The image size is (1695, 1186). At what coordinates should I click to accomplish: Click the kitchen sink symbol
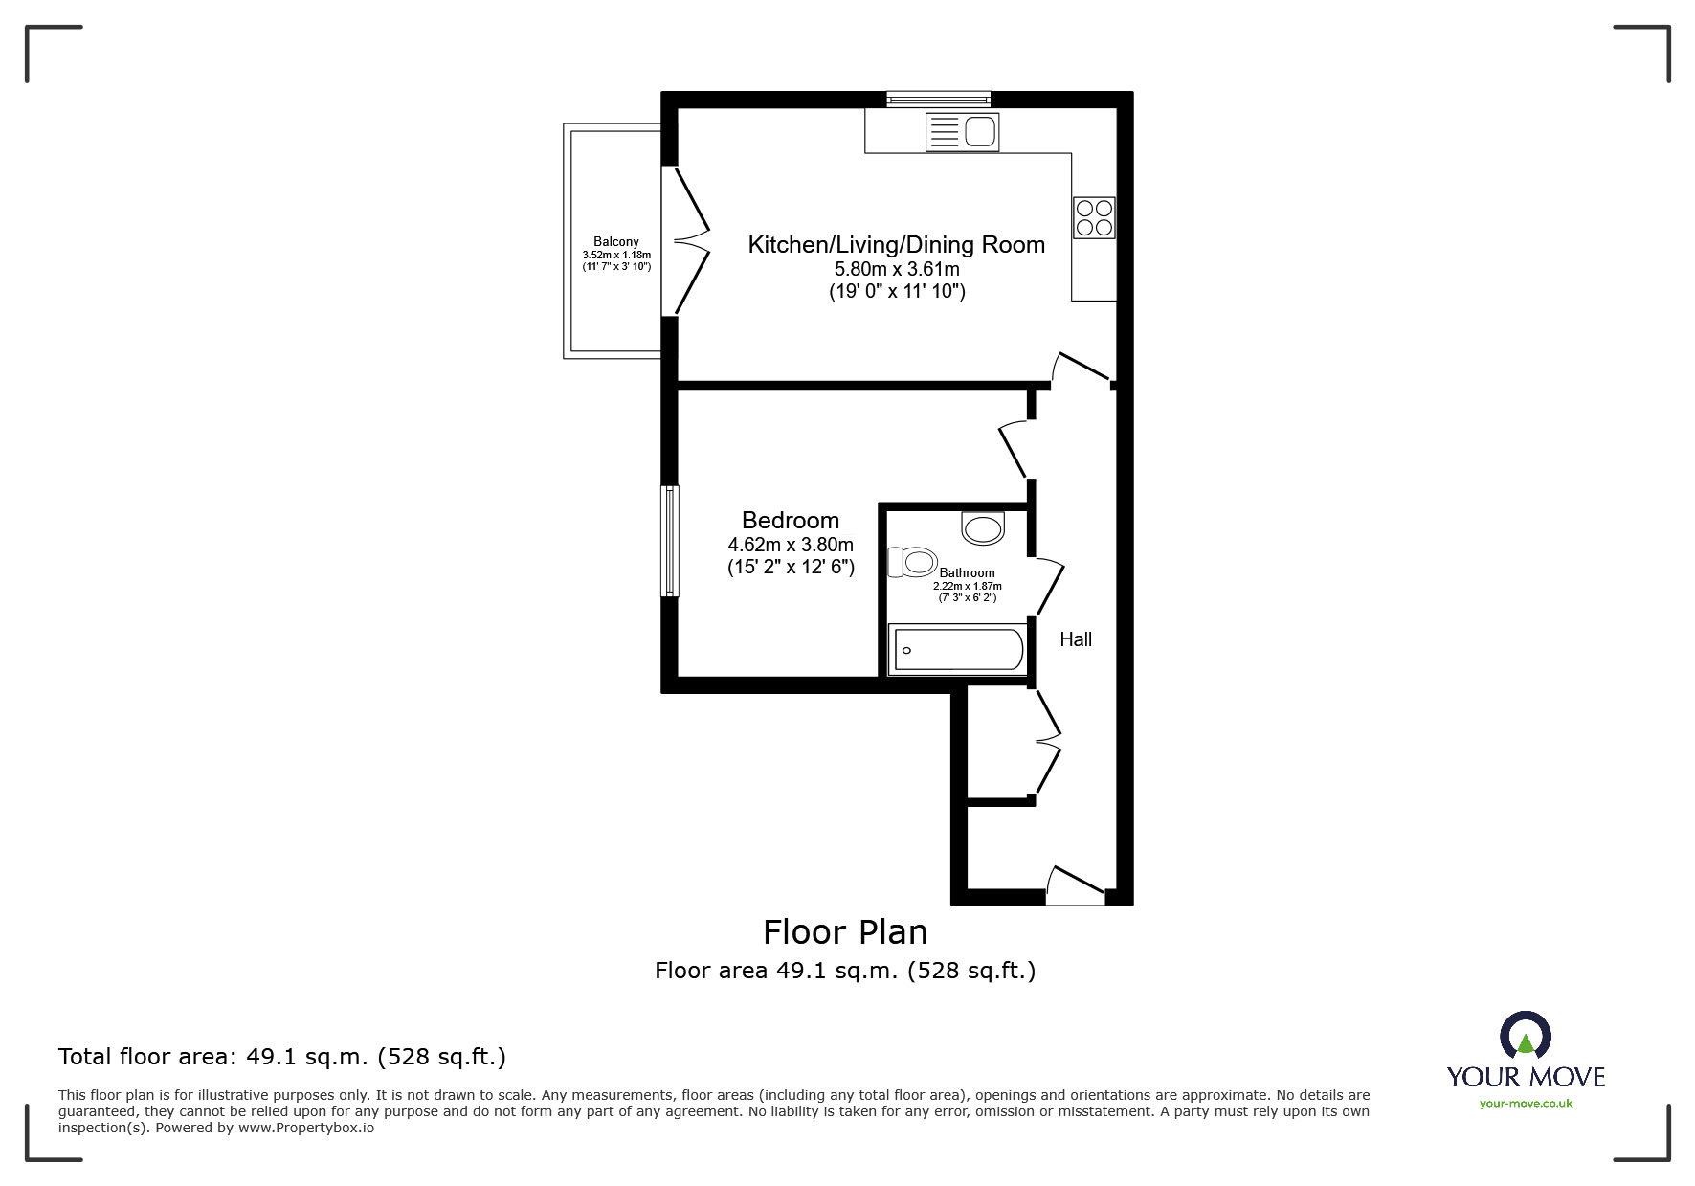click(x=963, y=132)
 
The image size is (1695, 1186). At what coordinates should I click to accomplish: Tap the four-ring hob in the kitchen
click(x=1094, y=217)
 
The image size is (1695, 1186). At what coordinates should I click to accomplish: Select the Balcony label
click(x=615, y=242)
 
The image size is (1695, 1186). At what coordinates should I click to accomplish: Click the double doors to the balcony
click(x=691, y=240)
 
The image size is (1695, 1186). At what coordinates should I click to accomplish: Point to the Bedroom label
click(x=791, y=521)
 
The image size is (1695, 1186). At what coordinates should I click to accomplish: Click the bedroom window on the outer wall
click(x=671, y=541)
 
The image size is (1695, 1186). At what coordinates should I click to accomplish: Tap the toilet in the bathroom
click(x=911, y=562)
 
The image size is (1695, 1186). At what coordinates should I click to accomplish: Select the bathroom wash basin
click(x=983, y=528)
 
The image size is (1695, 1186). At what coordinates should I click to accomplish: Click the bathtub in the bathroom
click(x=957, y=650)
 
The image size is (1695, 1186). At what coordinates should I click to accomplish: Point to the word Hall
click(x=1076, y=639)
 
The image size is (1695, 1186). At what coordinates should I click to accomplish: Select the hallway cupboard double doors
click(x=1047, y=741)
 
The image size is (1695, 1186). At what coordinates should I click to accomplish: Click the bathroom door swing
click(x=1049, y=587)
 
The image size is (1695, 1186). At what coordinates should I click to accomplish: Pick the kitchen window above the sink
click(x=938, y=98)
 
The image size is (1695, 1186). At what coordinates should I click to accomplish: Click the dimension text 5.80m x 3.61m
click(x=897, y=269)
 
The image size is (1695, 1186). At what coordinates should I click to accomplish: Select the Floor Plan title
click(x=845, y=931)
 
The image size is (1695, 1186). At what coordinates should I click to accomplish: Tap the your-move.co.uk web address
click(x=1526, y=1104)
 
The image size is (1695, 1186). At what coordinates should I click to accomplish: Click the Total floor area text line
click(x=282, y=1057)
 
